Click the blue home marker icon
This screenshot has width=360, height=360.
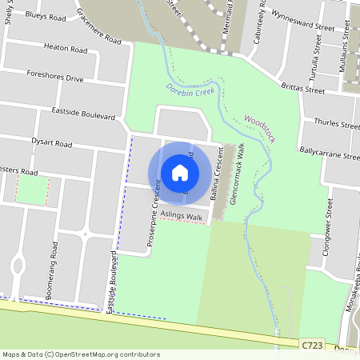point(180,173)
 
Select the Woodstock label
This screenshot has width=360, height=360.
point(260,128)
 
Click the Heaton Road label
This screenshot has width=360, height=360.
point(66,49)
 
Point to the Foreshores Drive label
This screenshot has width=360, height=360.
point(54,78)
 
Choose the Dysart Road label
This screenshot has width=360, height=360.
point(52,145)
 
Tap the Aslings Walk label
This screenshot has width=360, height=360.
point(182,216)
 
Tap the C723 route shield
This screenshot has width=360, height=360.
point(314,344)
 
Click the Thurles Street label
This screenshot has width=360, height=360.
point(337,124)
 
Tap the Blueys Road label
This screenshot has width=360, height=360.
point(46,14)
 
